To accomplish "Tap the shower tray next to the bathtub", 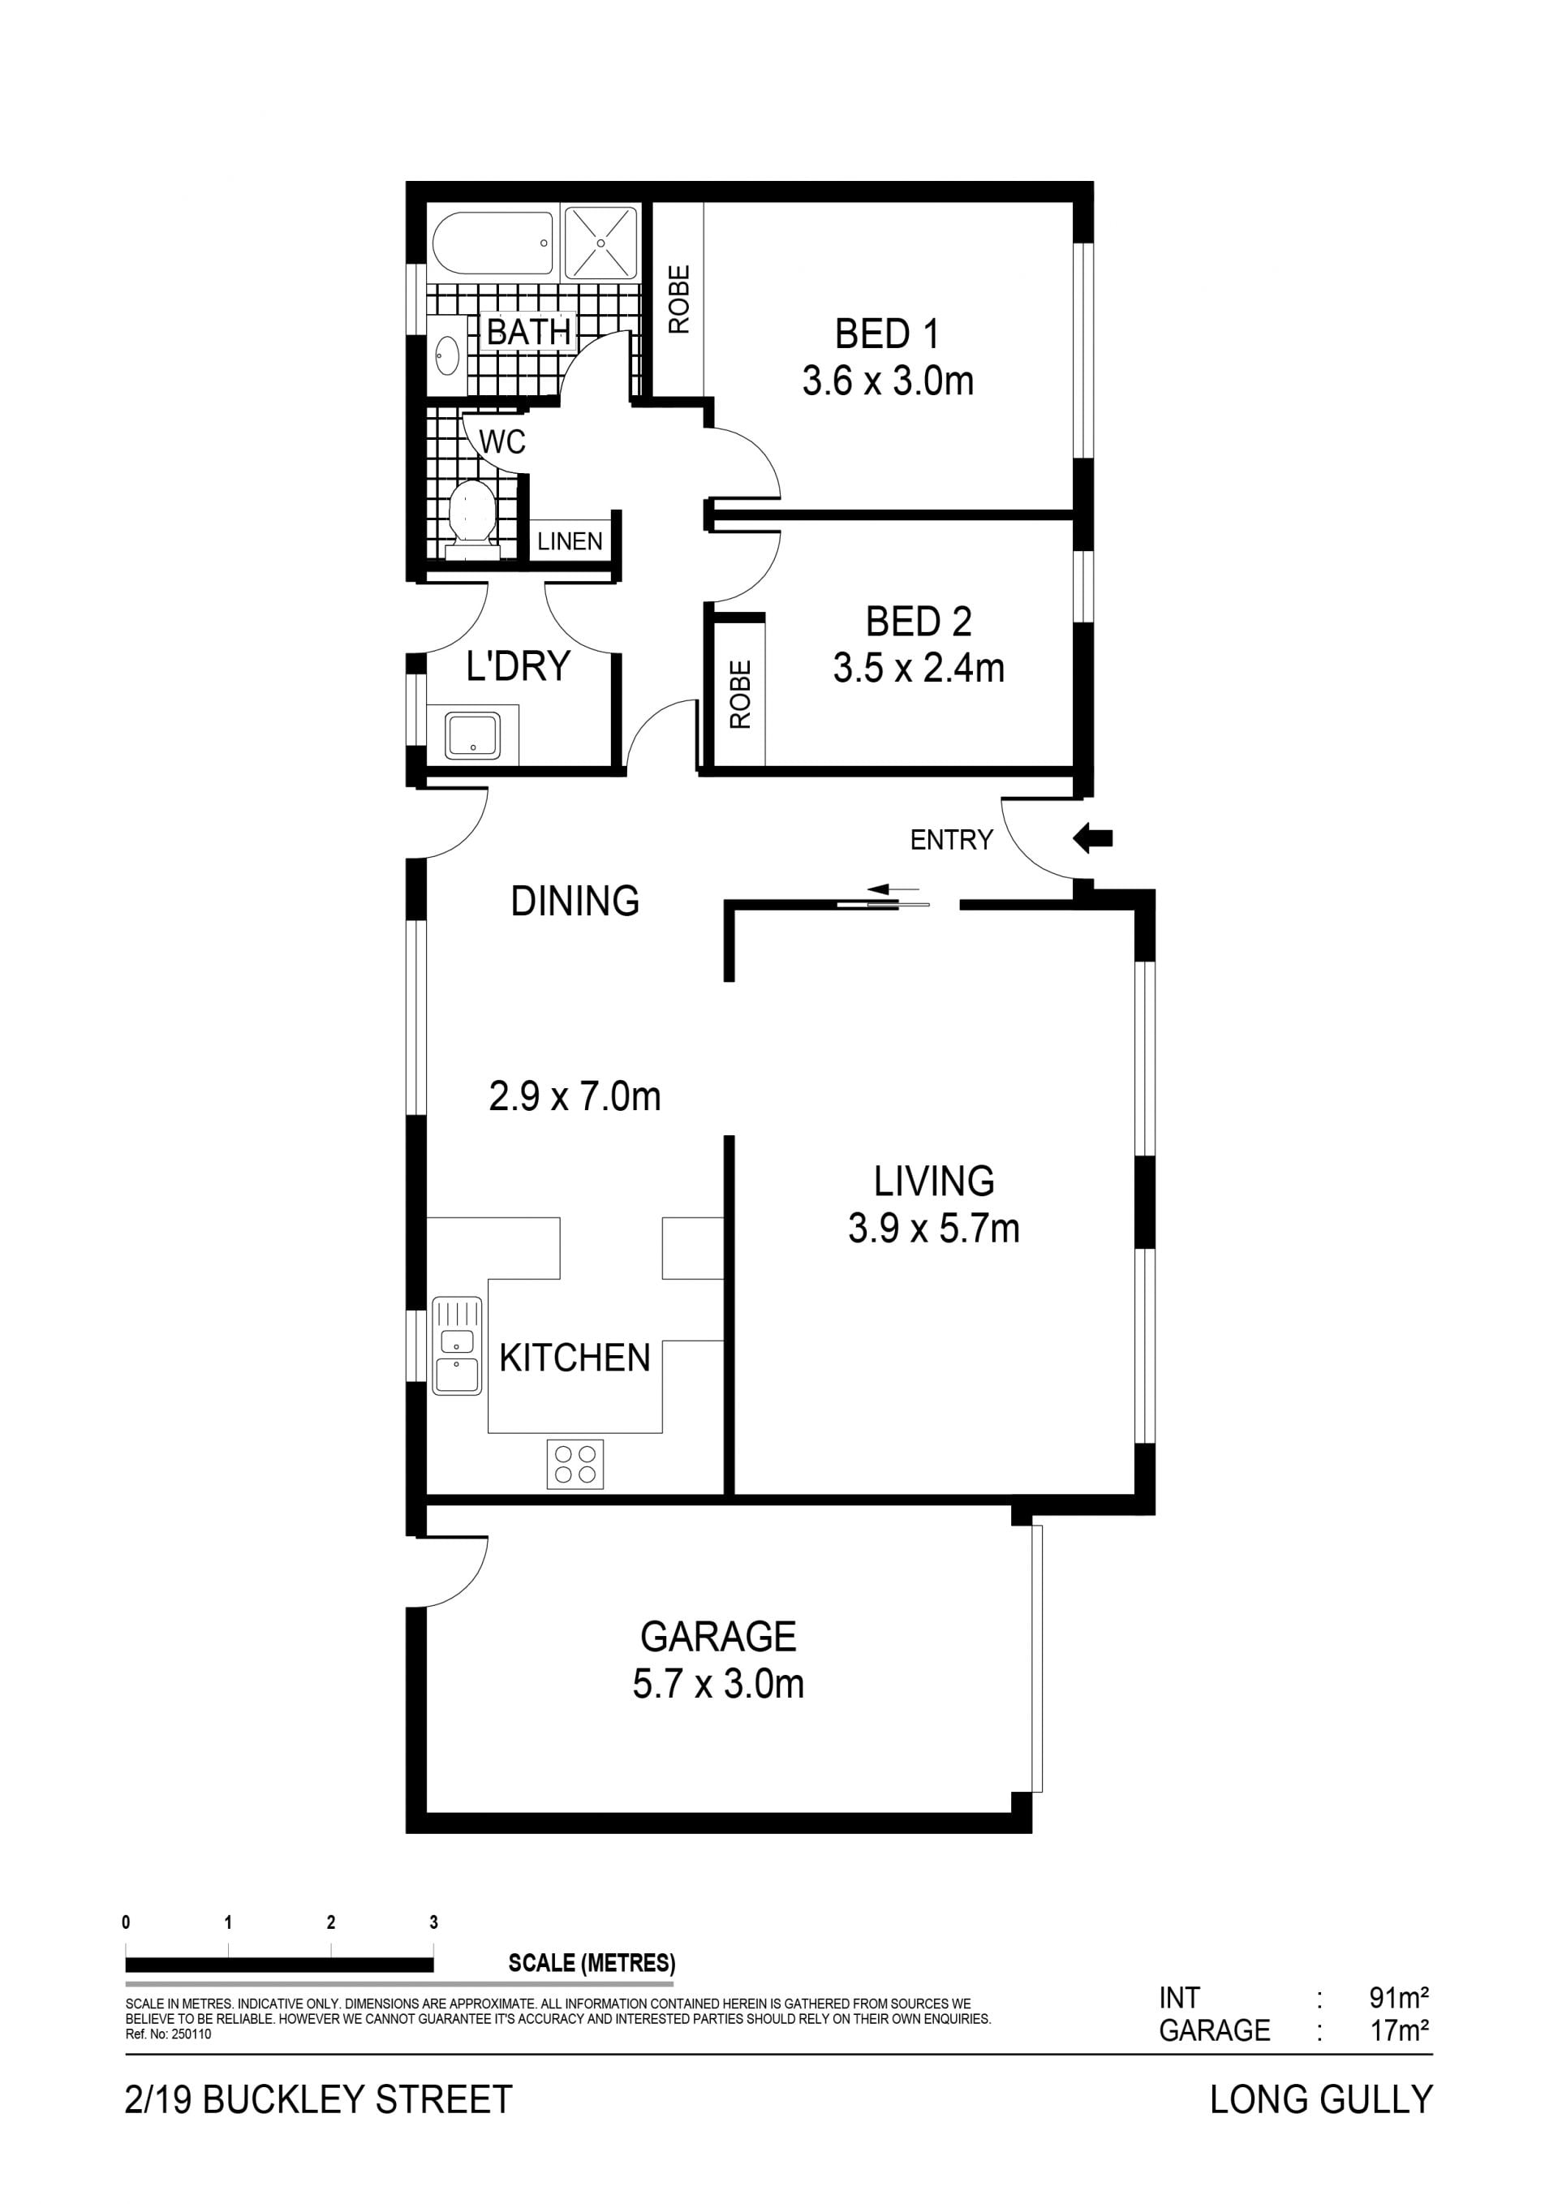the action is click(x=601, y=243).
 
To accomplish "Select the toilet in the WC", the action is click(x=471, y=519).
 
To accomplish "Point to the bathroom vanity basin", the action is click(x=447, y=353).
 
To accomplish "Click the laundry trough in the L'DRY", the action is click(x=471, y=735).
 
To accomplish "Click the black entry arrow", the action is click(x=1092, y=838).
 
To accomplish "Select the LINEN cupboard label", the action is click(x=570, y=541).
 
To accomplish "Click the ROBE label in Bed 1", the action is click(x=678, y=299).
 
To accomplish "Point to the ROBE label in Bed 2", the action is click(x=740, y=694).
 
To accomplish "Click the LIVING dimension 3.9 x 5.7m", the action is click(x=934, y=1229).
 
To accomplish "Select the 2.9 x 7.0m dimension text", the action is click(x=575, y=1096).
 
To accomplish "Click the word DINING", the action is click(x=575, y=902).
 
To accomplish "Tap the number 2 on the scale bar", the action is click(x=331, y=1922).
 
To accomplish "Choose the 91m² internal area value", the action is click(x=1400, y=1999).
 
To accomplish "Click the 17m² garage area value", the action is click(x=1400, y=2031).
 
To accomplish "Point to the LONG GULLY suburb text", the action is click(x=1321, y=2100).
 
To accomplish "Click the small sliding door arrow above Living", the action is click(x=893, y=889).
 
